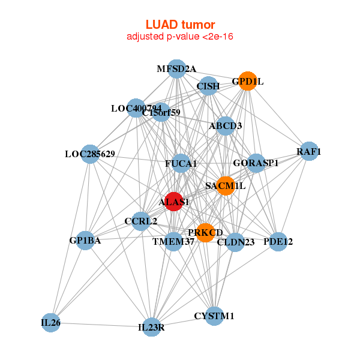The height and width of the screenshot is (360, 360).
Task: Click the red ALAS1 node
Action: point(173,202)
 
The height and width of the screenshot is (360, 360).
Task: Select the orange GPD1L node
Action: point(248,81)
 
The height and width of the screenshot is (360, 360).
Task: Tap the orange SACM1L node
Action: point(226,186)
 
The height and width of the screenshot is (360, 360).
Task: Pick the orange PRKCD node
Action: point(206,233)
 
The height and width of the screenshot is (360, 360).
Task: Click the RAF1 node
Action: point(309,151)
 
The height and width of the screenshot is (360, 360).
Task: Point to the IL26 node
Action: point(51,322)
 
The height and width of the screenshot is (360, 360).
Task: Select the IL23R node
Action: point(152,327)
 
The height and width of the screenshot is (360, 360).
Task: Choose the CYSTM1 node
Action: point(214,316)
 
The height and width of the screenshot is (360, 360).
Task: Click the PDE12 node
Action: point(278,241)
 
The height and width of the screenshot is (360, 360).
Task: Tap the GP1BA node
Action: point(85,241)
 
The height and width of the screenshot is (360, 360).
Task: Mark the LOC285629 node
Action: point(89,154)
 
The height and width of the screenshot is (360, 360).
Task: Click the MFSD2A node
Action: point(176,68)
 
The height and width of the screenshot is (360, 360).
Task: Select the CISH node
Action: point(208,86)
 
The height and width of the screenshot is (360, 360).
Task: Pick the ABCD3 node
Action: point(226,126)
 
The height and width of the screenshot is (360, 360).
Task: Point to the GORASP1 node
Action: point(256,163)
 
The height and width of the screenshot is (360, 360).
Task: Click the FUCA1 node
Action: point(181,163)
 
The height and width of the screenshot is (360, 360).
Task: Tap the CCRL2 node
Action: point(141,221)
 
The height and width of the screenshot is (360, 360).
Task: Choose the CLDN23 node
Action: point(236,242)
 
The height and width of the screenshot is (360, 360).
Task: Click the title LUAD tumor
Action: point(180,25)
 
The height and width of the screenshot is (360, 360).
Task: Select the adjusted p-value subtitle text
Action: point(180,37)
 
